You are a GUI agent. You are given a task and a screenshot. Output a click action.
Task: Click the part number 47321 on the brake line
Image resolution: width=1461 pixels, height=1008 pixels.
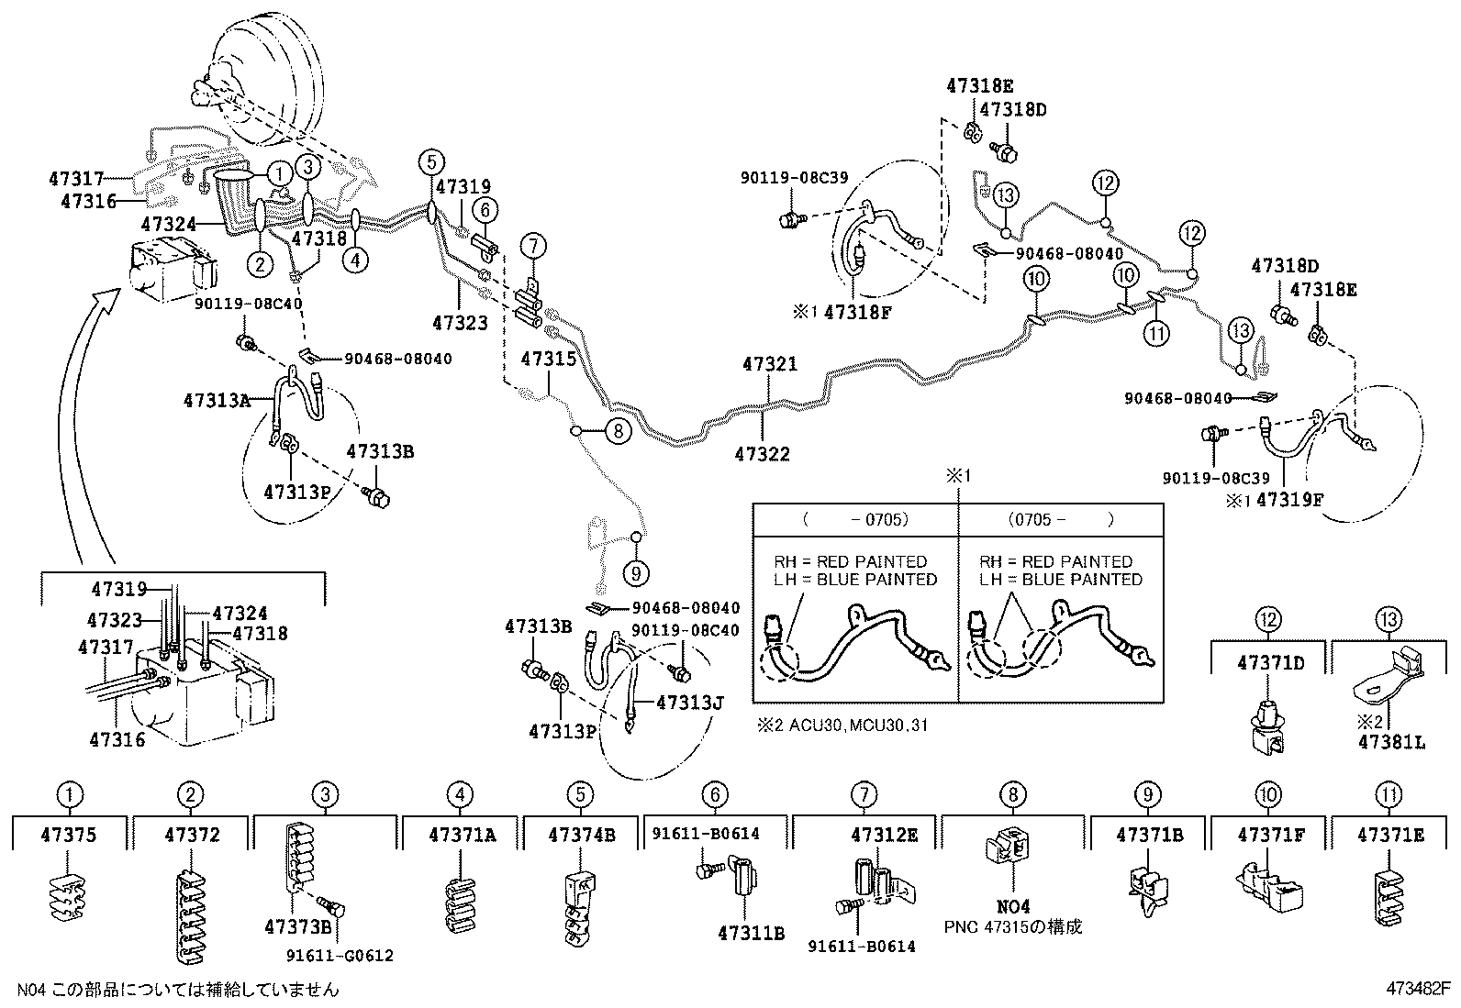770,364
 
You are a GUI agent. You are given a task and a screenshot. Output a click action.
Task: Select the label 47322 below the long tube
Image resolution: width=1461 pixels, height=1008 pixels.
762,454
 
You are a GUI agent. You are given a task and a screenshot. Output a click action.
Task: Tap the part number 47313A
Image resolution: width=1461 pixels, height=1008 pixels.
216,400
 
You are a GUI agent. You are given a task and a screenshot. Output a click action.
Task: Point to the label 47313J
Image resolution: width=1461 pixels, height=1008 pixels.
690,703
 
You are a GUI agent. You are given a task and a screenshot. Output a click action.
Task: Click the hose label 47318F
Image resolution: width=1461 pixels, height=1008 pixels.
857,312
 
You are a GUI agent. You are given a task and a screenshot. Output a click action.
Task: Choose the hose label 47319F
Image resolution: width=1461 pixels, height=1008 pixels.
1289,500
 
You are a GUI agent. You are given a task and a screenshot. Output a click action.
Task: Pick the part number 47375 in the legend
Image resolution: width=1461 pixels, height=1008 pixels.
69,835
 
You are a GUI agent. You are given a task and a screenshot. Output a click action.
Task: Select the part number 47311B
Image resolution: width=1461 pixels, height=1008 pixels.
751,934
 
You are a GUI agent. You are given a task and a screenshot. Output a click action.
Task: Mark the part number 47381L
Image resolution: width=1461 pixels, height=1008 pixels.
1391,742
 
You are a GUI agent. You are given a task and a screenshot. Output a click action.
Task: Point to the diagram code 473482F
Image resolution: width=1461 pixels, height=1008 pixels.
1418,989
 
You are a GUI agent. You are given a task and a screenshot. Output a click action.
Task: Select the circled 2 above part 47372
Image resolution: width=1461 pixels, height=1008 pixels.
190,795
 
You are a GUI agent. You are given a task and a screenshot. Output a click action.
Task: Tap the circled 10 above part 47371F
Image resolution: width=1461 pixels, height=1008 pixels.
1269,795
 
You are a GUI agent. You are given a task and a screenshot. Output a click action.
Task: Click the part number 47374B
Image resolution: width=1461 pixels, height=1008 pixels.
581,835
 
